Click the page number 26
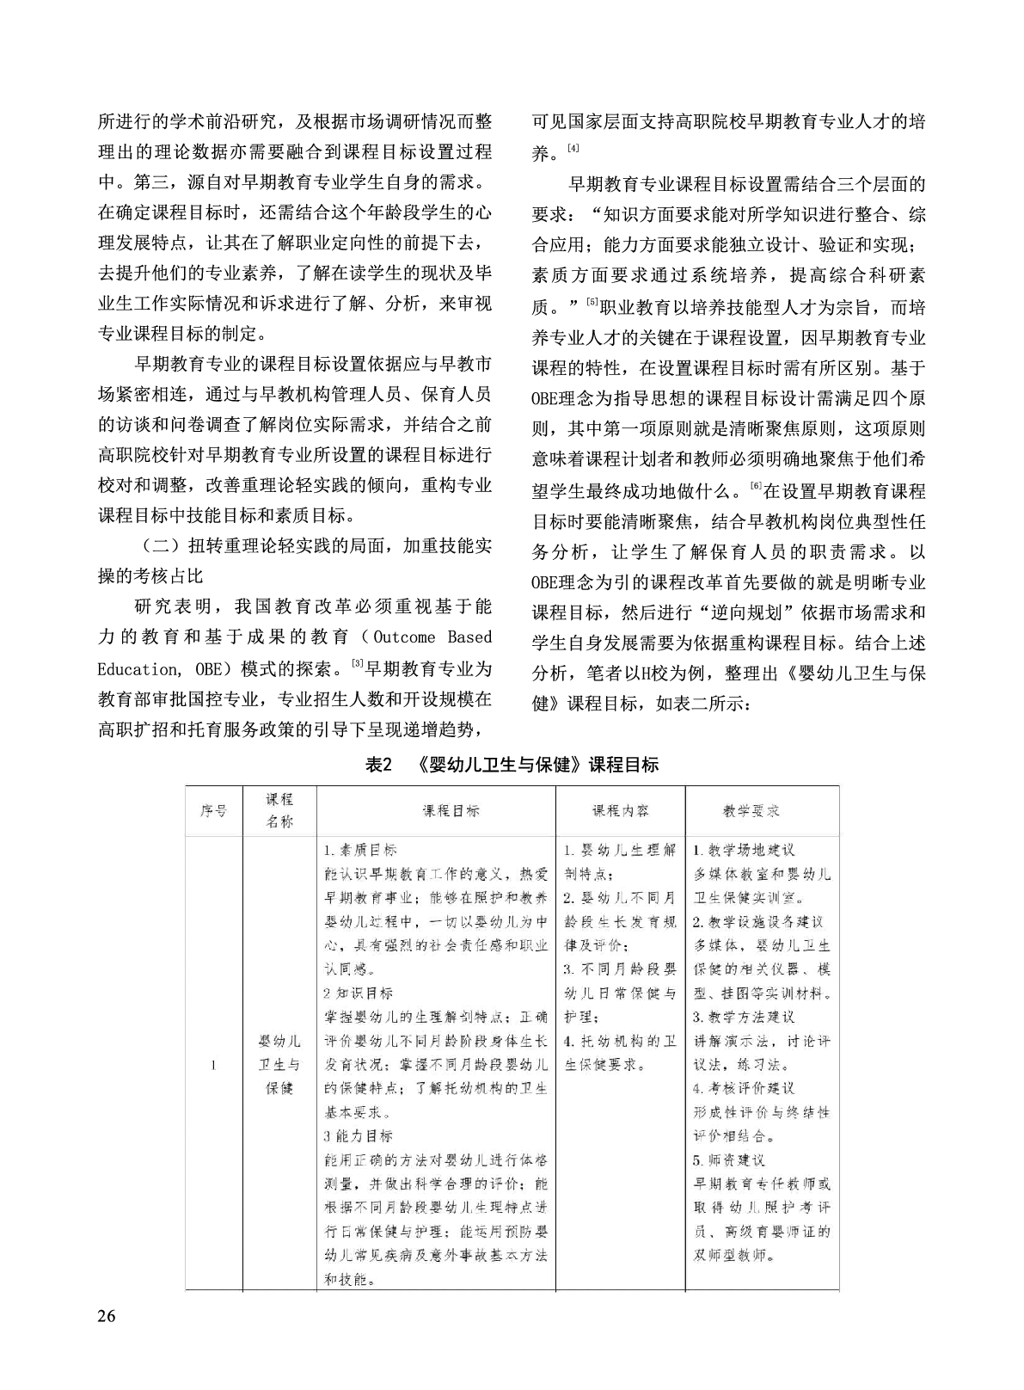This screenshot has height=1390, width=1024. pyautogui.click(x=108, y=1316)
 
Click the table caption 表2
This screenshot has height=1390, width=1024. pyautogui.click(x=378, y=765)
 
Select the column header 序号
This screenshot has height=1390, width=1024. pyautogui.click(x=213, y=810)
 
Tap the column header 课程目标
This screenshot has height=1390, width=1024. pyautogui.click(x=451, y=810)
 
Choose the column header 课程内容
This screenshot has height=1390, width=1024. pyautogui.click(x=620, y=810)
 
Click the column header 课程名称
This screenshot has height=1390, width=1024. pyautogui.click(x=279, y=810)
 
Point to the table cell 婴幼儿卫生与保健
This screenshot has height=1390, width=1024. pyautogui.click(x=279, y=1065)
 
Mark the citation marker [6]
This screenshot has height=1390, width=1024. pyautogui.click(x=756, y=487)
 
